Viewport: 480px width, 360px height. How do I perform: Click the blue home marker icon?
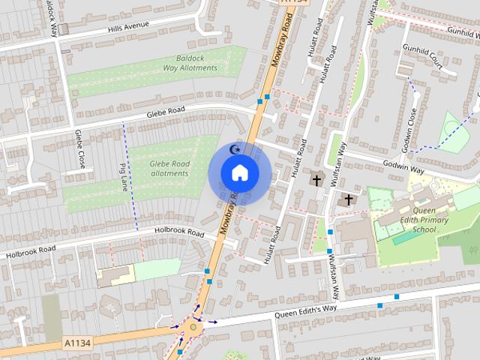coord(239,173)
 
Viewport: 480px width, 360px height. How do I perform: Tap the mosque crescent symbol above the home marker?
coord(235,150)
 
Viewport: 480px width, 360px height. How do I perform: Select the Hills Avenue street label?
coord(128,25)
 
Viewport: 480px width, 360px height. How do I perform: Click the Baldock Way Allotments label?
coord(190,63)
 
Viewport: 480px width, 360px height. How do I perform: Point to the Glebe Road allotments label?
coord(169,168)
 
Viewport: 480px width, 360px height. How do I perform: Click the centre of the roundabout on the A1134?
coord(194,326)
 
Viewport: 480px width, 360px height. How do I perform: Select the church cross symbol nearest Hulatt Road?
coord(316,180)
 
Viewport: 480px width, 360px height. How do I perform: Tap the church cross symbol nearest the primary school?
coord(348,199)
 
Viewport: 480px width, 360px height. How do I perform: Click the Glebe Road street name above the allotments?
coord(165,112)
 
